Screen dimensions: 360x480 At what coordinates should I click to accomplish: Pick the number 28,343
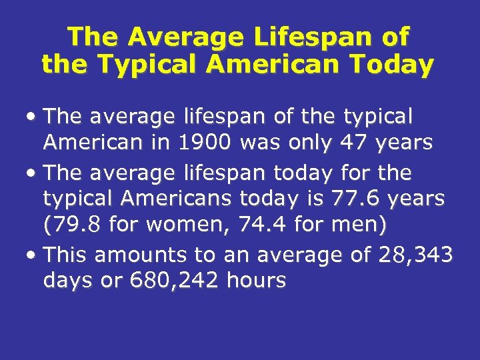coord(416,254)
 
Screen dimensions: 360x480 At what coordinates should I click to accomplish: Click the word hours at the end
coord(257,281)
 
